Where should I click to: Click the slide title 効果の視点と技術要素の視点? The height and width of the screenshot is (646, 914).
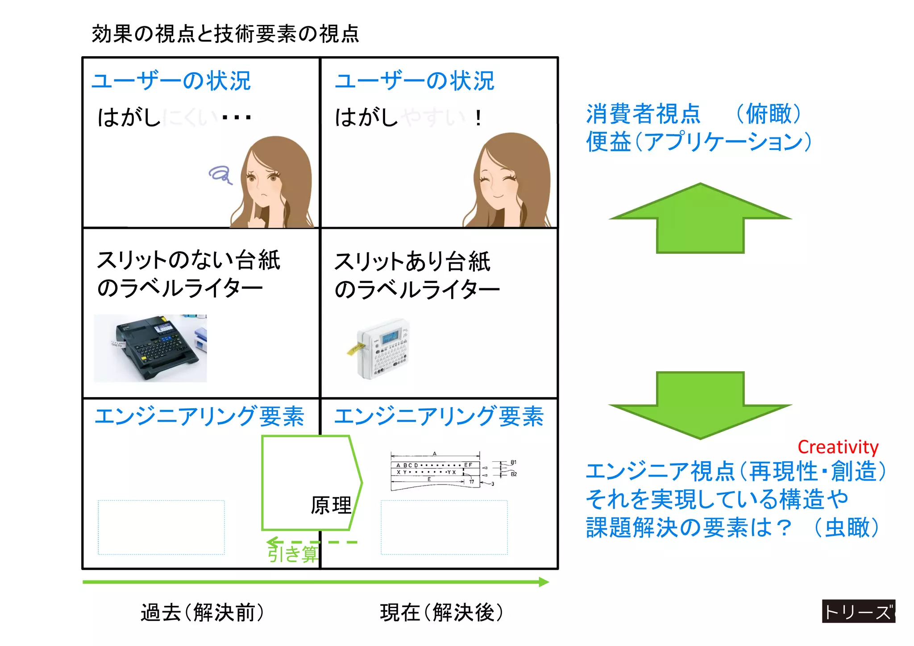[x=225, y=34]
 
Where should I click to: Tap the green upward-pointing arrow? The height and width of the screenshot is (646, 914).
[x=700, y=219]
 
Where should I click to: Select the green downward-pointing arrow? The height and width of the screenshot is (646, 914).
[x=700, y=404]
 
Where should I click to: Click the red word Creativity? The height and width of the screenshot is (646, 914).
[x=838, y=447]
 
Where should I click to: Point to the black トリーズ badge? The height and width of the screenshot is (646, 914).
[x=858, y=611]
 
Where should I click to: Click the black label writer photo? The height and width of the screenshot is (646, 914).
[x=150, y=348]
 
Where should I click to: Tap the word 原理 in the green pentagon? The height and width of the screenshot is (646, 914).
[x=331, y=505]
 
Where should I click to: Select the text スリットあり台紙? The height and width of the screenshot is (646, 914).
[x=412, y=261]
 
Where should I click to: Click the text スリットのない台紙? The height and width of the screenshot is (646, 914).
[x=188, y=260]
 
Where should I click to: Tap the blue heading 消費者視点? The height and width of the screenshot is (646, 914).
[x=643, y=114]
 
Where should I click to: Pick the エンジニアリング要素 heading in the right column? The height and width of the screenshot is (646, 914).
[x=439, y=416]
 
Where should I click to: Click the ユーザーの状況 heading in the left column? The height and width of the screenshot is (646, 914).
[x=171, y=81]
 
